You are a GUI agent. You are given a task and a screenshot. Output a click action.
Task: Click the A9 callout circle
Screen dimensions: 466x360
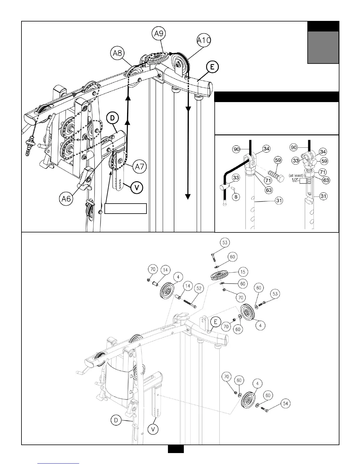tap(159, 34)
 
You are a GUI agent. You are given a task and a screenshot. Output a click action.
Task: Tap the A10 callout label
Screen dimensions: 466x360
tap(204, 40)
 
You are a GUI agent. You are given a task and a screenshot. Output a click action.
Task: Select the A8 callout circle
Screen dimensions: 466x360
tap(118, 54)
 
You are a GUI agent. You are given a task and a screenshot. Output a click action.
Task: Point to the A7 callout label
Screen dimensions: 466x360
tap(139, 167)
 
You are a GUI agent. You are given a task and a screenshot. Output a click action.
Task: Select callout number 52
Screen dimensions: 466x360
tap(199, 289)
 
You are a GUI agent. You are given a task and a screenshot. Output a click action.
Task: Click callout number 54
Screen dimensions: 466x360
tap(285, 404)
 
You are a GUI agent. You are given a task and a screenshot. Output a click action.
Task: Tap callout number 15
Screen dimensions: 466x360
tap(243, 272)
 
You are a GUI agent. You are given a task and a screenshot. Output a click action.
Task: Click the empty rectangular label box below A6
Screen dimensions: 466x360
tap(126, 208)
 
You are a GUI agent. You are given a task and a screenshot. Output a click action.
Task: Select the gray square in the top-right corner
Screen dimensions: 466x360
tap(323, 47)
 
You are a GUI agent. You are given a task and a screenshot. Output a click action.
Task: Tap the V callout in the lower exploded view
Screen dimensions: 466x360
tap(153, 429)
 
